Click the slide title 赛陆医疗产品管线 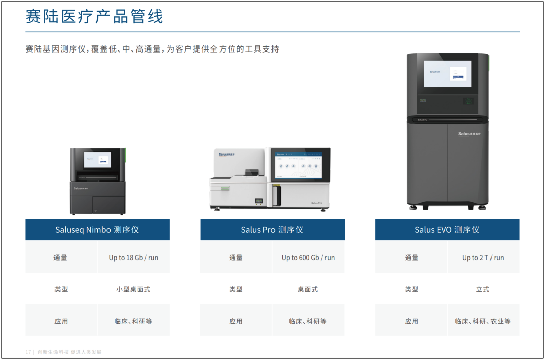[x=94, y=16]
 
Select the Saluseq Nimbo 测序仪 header [x=97, y=230]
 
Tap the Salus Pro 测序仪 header [x=272, y=230]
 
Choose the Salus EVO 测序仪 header [x=447, y=230]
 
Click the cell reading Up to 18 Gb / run [x=133, y=258]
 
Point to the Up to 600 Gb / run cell [x=308, y=258]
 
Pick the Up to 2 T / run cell [x=483, y=258]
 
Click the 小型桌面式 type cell [x=133, y=289]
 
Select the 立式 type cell [x=483, y=289]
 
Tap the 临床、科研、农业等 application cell [x=483, y=321]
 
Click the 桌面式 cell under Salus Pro [x=308, y=289]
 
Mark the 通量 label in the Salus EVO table [x=411, y=258]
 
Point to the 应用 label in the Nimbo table [x=61, y=321]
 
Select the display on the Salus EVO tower [x=447, y=74]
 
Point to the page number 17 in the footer [x=28, y=352]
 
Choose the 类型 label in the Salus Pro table [x=236, y=289]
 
